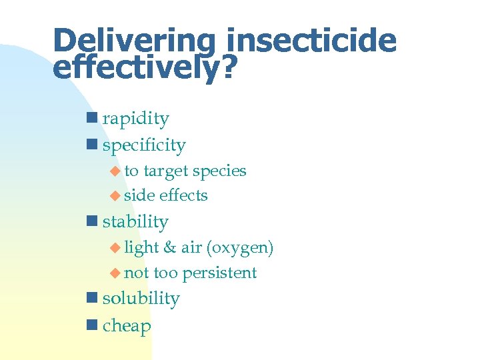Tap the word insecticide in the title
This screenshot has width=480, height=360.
pos(311,41)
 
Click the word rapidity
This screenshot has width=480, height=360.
pos(135,119)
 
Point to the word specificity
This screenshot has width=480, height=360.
pos(144,145)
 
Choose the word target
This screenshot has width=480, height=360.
pos(165,171)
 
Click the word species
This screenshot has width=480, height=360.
pos(219,171)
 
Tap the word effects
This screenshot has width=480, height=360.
pos(183,196)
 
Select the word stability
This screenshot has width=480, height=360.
pos(135,222)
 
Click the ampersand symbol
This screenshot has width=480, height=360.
pos(169,248)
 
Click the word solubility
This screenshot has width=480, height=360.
pos(141,299)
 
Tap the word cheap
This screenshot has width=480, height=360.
pos(127,327)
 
